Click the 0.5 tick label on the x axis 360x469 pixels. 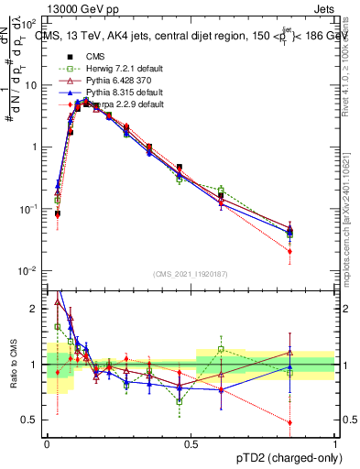pyautogui.click(x=191, y=443)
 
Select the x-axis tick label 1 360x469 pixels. pyautogui.click(x=335, y=443)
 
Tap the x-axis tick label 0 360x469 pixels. pyautogui.click(x=47, y=443)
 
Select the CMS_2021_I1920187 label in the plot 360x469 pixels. pyautogui.click(x=191, y=274)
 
